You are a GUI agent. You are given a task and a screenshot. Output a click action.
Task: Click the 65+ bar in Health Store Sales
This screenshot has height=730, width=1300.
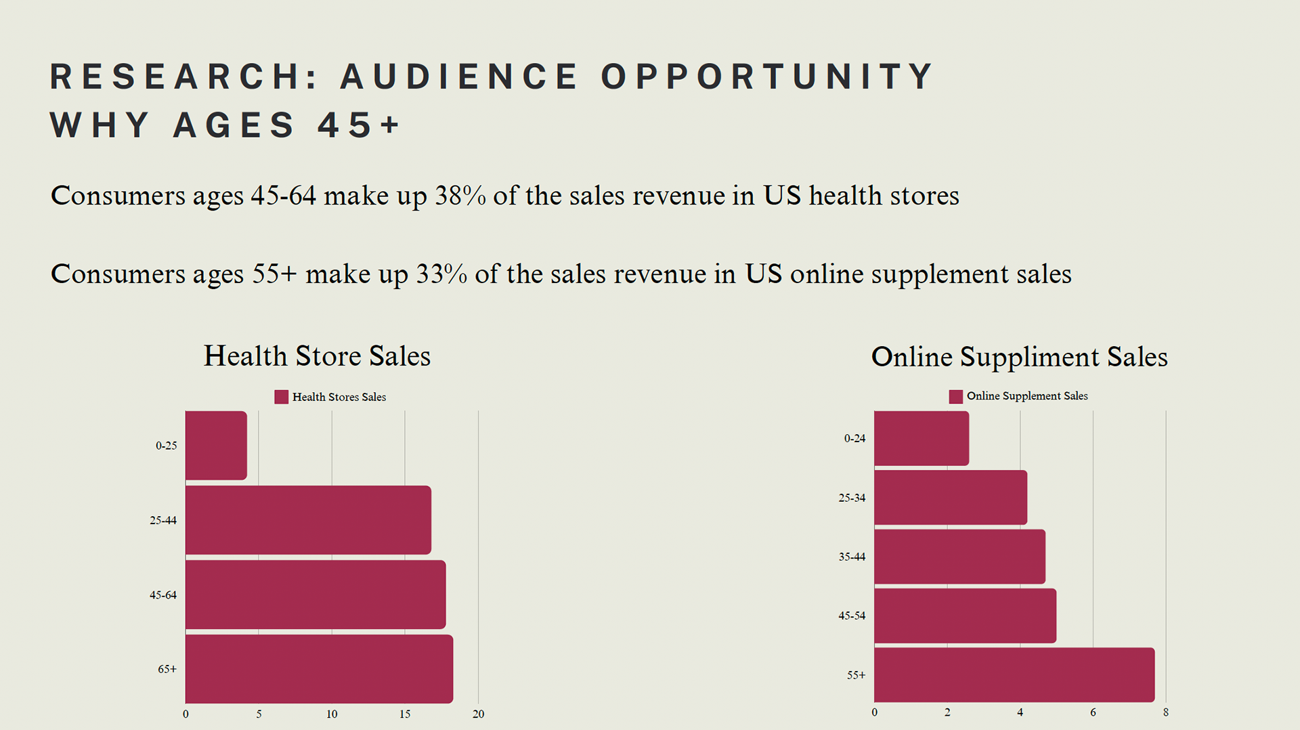319,669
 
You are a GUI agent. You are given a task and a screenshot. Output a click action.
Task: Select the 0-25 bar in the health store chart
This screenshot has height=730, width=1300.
216,446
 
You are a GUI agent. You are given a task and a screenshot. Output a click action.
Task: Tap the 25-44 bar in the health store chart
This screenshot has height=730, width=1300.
308,520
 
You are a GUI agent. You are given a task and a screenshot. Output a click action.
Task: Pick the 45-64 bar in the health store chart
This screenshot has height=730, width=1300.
316,595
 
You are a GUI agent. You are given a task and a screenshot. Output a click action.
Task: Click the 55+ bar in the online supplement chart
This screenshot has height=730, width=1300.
1014,674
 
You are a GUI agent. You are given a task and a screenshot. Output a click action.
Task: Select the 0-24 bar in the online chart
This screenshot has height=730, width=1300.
922,438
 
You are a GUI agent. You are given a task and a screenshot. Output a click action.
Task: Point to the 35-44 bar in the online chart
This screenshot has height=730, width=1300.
959,557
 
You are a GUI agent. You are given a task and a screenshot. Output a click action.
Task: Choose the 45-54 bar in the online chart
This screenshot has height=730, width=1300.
965,616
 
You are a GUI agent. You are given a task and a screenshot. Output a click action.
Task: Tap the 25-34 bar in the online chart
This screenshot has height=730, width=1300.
951,498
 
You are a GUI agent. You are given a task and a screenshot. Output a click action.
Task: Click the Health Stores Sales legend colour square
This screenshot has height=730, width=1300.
281,397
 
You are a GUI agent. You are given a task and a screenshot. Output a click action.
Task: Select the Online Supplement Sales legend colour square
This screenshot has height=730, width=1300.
955,396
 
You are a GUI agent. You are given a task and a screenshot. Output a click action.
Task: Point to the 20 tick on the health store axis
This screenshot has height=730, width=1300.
478,714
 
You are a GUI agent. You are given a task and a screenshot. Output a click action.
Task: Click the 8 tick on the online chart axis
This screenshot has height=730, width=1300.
1165,712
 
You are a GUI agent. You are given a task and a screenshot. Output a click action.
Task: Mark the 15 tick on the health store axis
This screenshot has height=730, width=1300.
405,714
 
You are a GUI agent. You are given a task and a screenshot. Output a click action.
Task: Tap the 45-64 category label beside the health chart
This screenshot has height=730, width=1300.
163,595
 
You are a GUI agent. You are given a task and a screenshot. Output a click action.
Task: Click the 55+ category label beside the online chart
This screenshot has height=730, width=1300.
856,675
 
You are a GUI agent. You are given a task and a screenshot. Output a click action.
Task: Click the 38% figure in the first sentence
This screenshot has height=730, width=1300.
460,196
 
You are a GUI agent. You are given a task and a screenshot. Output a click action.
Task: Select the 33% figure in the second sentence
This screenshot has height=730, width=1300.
441,274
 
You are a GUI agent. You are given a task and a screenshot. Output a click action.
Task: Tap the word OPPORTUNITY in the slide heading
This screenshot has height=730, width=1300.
768,77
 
